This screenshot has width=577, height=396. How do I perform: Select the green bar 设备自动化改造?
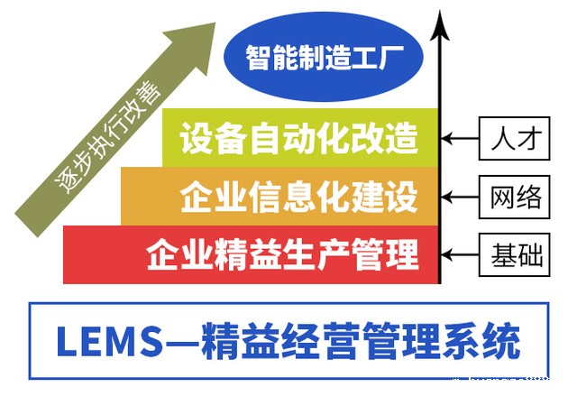298,141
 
